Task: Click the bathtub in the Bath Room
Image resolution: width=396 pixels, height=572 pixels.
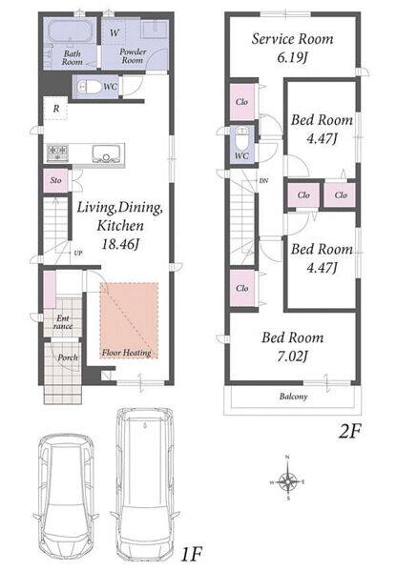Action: tap(69, 31)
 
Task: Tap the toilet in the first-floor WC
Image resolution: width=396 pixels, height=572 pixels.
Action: tap(90, 87)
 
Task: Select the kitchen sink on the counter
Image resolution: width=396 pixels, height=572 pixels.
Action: tap(105, 154)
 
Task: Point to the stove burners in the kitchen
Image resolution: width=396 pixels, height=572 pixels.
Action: tap(57, 153)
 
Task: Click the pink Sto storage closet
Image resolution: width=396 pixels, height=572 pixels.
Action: tap(56, 180)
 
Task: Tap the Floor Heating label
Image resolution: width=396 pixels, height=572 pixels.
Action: tap(126, 353)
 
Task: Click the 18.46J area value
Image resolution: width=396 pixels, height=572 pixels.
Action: tap(120, 244)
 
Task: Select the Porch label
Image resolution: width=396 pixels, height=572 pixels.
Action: tap(68, 357)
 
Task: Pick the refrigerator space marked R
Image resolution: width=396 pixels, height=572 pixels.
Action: tap(56, 109)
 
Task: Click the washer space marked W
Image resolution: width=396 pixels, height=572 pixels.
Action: tap(115, 32)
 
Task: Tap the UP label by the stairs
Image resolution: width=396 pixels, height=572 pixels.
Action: tap(78, 253)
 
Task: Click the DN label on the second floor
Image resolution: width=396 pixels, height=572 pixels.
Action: tap(263, 180)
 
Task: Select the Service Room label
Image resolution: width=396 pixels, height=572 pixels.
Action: tap(292, 39)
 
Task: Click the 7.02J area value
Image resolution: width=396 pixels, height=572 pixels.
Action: tap(293, 356)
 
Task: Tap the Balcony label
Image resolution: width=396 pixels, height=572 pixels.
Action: tap(294, 397)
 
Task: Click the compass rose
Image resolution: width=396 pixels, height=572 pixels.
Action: tap(288, 481)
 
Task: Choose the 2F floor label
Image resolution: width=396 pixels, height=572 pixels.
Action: tap(349, 432)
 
